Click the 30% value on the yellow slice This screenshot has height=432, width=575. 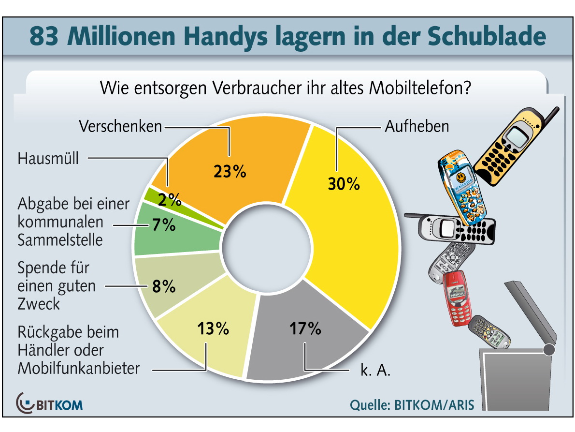[x=344, y=184]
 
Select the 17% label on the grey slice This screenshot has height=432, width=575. [x=305, y=329]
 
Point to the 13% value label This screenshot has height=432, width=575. [x=213, y=329]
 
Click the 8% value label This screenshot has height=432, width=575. [x=163, y=286]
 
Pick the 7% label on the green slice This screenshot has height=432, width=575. [x=162, y=225]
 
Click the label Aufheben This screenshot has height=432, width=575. [x=417, y=127]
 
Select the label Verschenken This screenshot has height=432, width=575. [x=120, y=127]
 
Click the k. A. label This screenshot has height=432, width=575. [x=375, y=372]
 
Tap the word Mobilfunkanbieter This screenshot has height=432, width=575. [x=79, y=369]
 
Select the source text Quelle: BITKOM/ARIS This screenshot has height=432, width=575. [x=412, y=404]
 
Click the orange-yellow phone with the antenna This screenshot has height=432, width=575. [x=510, y=148]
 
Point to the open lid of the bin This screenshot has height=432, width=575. [x=531, y=312]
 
